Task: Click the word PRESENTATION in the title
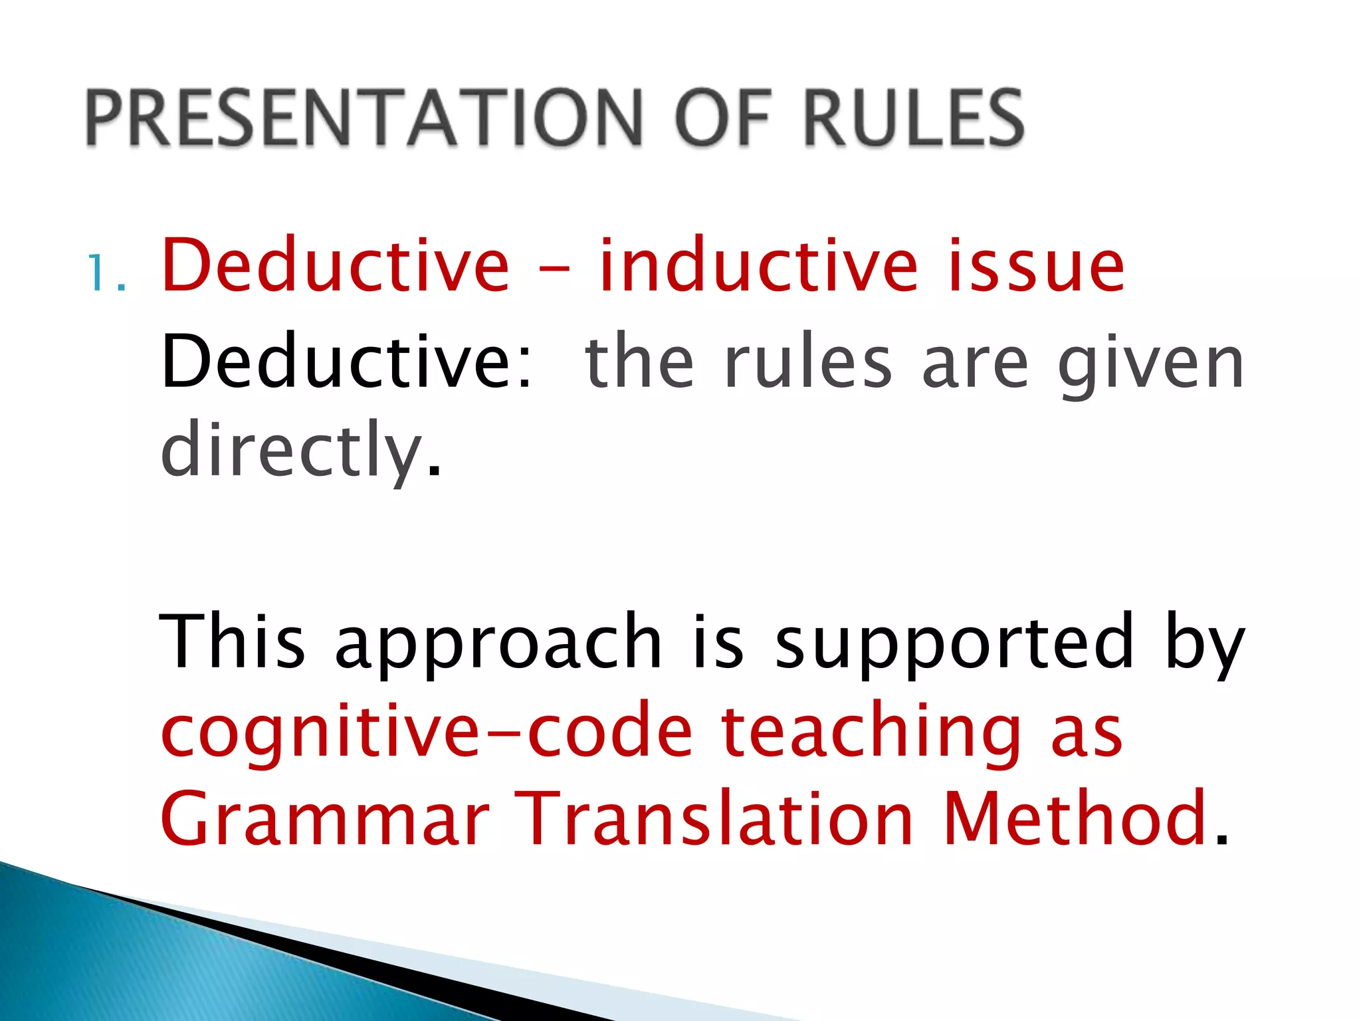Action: (363, 118)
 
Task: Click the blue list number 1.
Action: (105, 273)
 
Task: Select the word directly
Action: (292, 449)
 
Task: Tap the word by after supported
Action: (1204, 645)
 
